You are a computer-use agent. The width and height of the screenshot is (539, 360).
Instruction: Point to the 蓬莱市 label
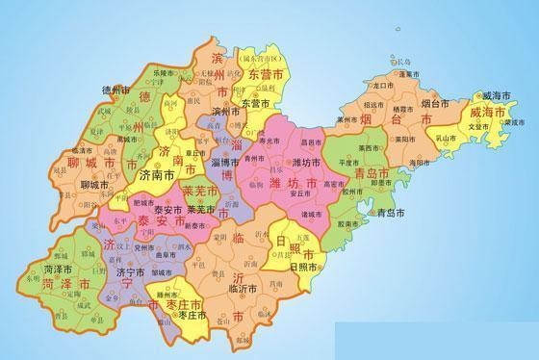(x=412, y=73)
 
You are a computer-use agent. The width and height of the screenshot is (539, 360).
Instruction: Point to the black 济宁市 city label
(x=130, y=272)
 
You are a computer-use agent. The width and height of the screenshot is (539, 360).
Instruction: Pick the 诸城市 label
(x=313, y=214)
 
